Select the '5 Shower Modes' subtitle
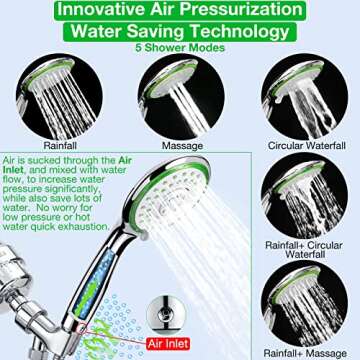coord(180,48)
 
